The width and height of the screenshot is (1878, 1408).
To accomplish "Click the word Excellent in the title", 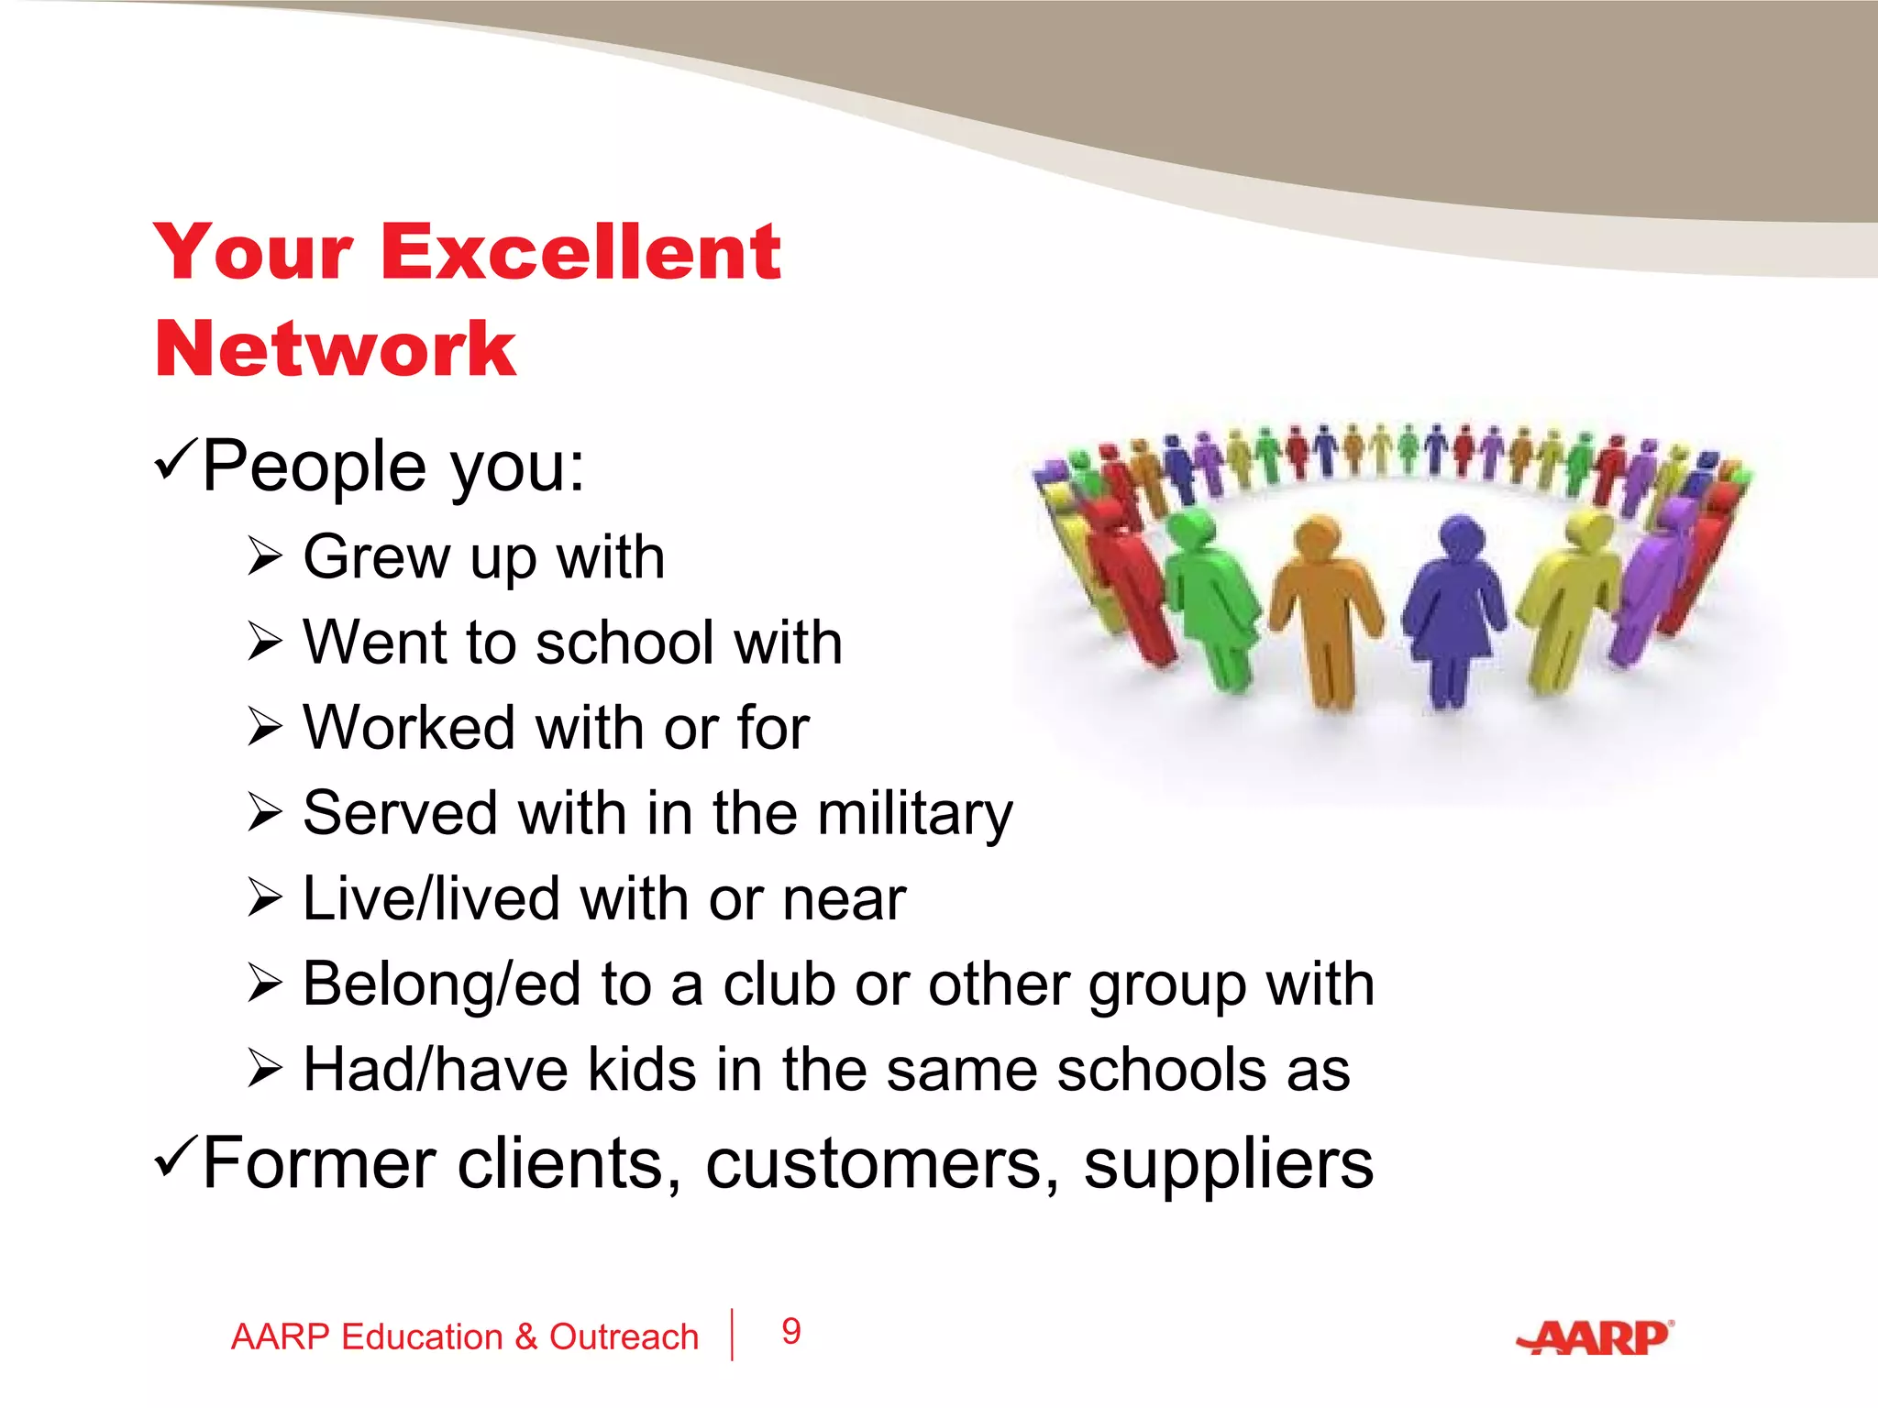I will click(x=580, y=252).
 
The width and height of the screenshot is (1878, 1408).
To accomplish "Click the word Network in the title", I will click(x=336, y=349).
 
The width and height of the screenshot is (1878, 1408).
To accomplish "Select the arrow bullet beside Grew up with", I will click(x=265, y=556).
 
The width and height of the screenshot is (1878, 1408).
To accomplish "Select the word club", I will click(x=779, y=984).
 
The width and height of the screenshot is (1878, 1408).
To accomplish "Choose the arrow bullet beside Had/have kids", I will click(x=265, y=1070).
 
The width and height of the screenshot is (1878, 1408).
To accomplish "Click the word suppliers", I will click(x=1228, y=1165).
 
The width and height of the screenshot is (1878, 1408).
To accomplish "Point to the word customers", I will click(x=881, y=1165).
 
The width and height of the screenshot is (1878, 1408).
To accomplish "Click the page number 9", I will click(x=791, y=1332).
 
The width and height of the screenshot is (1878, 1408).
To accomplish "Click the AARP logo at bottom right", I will click(x=1596, y=1338).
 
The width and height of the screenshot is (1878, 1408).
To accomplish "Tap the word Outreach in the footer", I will click(x=624, y=1337).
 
